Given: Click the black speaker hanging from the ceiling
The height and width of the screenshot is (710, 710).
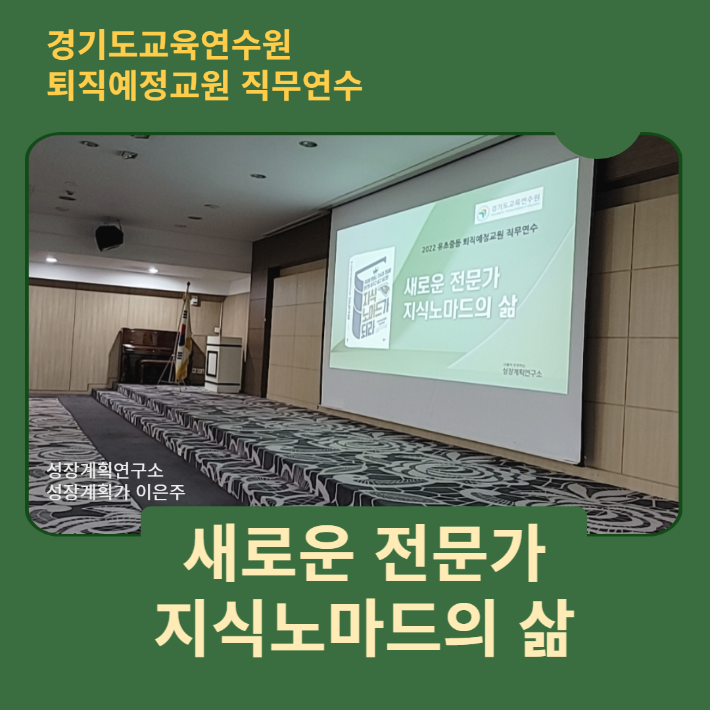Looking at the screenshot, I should point(109,237).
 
